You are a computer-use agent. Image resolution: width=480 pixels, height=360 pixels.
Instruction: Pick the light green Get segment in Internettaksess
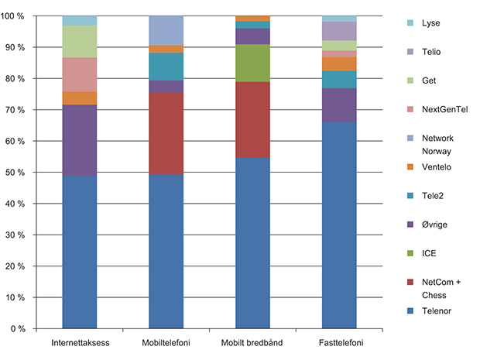click(x=80, y=41)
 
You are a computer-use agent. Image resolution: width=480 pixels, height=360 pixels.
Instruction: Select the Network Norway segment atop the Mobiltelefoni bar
click(x=166, y=30)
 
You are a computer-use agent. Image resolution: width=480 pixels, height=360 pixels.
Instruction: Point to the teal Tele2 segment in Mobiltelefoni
click(x=166, y=66)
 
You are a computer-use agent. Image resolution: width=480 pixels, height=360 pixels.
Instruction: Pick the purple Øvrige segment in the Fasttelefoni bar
click(x=339, y=105)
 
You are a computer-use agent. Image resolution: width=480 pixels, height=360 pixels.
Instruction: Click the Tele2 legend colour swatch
click(x=410, y=195)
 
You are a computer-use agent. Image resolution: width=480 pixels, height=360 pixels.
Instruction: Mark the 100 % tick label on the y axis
click(x=17, y=16)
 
